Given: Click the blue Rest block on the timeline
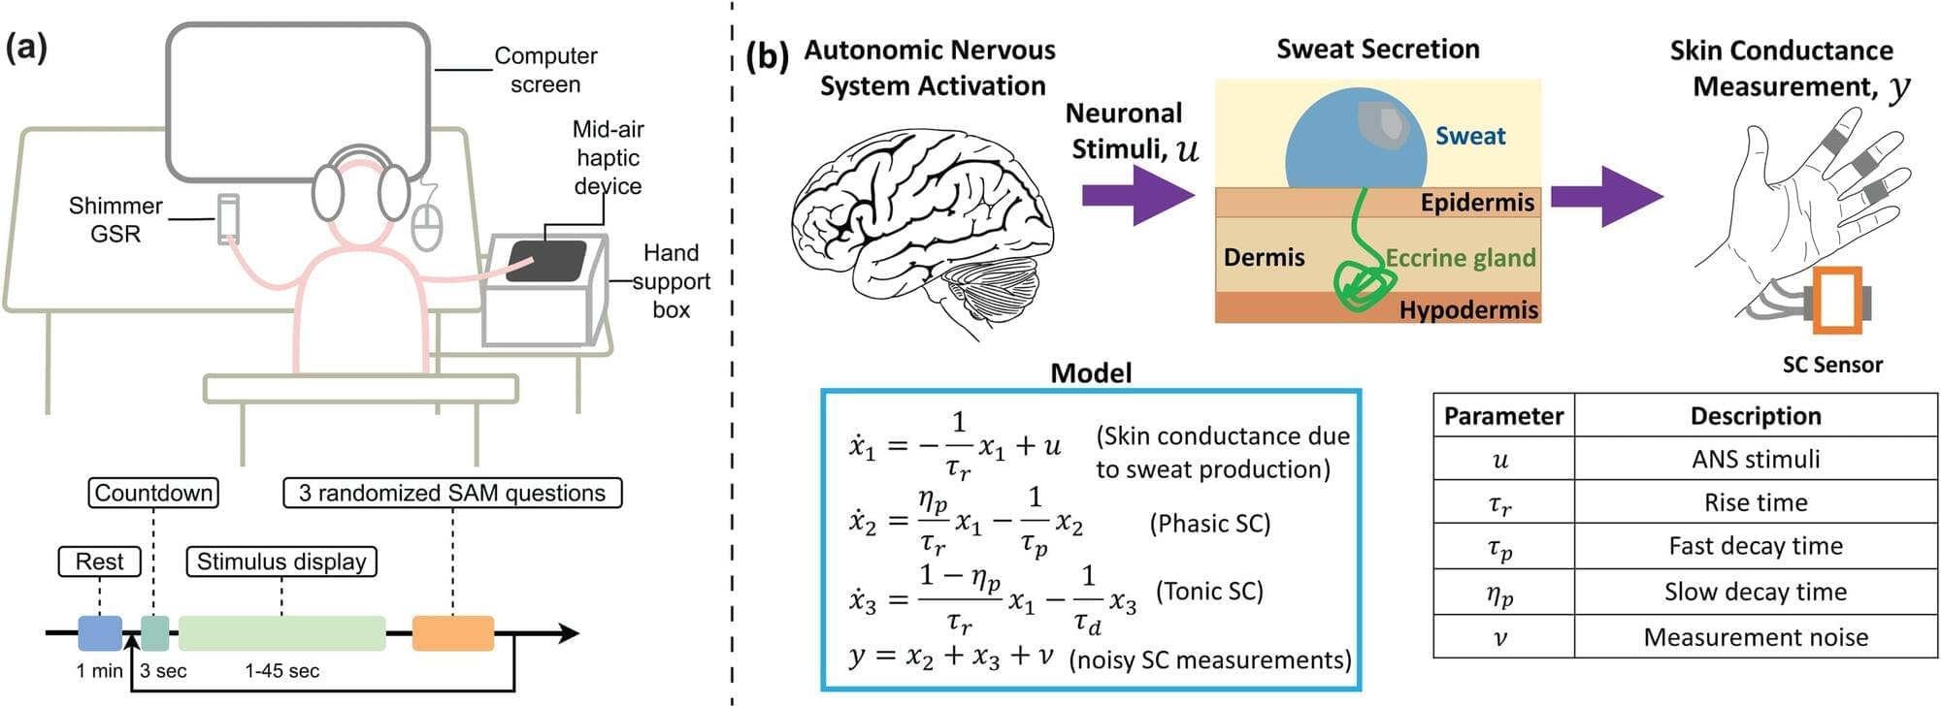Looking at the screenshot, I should [100, 633].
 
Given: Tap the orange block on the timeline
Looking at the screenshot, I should [453, 633].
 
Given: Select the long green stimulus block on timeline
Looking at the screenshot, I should [281, 633].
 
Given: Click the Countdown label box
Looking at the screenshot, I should [153, 493].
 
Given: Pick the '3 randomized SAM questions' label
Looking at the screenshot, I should [452, 493].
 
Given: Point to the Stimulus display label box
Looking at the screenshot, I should [281, 562].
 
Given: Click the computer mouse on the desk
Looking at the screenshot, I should [427, 225].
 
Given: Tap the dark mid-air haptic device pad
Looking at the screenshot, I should [546, 261].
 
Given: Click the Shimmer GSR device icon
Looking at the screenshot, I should [228, 218].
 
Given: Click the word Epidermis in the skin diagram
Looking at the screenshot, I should [1477, 203].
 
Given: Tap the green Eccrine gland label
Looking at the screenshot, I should [1461, 258].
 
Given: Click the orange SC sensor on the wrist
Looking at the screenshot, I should [1837, 300].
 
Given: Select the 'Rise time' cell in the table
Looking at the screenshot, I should [1755, 502].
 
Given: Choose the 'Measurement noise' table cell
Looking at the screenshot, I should [1755, 637].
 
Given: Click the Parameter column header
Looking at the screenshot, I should [1503, 416].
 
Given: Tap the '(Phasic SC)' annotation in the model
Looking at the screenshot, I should [1209, 524].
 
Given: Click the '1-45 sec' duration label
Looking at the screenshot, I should [281, 671].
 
